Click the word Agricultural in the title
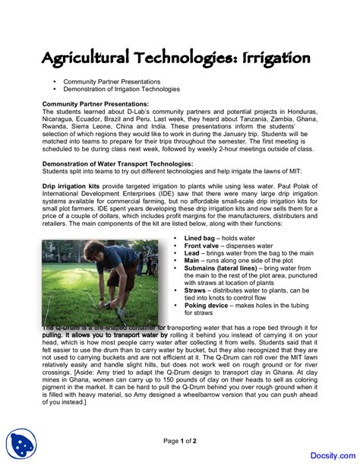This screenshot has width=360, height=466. click(x=91, y=58)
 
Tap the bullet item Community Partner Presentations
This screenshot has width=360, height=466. click(x=112, y=81)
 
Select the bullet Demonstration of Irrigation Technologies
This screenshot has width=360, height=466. click(x=122, y=89)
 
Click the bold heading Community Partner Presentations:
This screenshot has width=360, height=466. click(x=95, y=104)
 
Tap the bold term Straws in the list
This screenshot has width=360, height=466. click(x=195, y=290)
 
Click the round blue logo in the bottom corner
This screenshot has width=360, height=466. click(x=22, y=445)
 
